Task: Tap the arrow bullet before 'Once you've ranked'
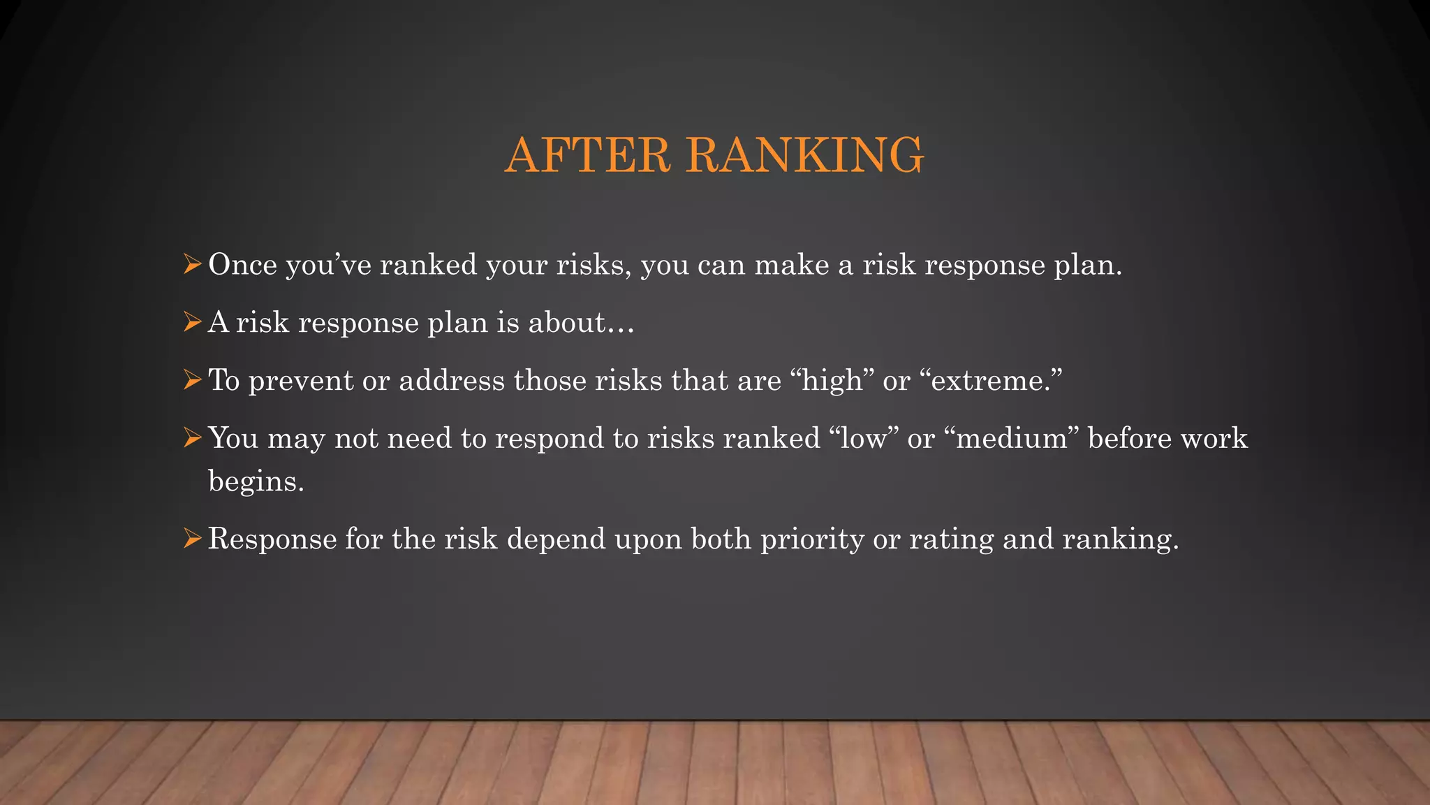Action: tap(191, 265)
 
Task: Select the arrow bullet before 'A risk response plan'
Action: tap(191, 323)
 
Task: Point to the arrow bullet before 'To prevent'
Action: tap(191, 381)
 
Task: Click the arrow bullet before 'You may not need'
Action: tap(191, 439)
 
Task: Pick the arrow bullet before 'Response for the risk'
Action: tap(191, 539)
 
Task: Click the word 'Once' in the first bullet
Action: tap(242, 265)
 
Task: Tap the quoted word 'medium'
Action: tap(1011, 439)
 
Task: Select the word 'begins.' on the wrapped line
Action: tap(256, 482)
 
